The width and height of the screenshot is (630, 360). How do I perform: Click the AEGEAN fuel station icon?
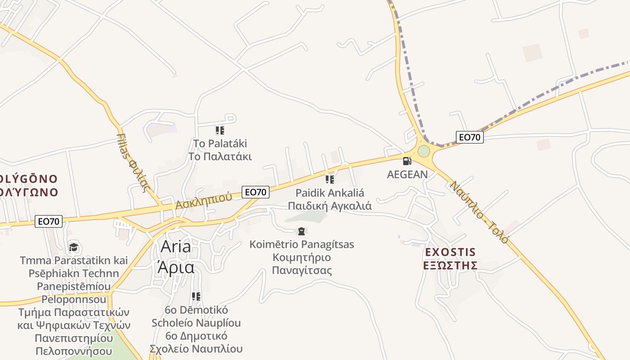407,161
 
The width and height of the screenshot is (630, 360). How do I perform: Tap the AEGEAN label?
407,175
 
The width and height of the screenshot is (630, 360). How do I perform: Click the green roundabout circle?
423,151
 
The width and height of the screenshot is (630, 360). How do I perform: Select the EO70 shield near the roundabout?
469,137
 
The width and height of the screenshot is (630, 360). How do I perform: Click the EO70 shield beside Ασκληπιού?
256,192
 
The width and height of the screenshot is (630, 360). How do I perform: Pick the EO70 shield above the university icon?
49,221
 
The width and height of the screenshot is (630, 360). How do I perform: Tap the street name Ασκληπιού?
203,201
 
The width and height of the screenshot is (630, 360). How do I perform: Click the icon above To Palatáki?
220,131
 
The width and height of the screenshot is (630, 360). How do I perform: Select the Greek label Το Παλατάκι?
220,157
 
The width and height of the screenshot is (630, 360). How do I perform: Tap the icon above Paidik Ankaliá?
330,180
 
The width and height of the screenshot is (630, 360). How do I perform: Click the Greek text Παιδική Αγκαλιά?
330,206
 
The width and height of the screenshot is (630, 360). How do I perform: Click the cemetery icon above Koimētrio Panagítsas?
301,231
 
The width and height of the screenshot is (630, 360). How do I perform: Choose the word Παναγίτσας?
301,270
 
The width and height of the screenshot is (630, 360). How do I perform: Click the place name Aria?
175,247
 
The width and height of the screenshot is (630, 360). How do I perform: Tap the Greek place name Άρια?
175,267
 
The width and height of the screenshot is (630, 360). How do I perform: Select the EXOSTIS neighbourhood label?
450,252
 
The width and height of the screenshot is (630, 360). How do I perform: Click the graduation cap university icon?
73,247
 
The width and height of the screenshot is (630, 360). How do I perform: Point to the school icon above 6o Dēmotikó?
196,297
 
